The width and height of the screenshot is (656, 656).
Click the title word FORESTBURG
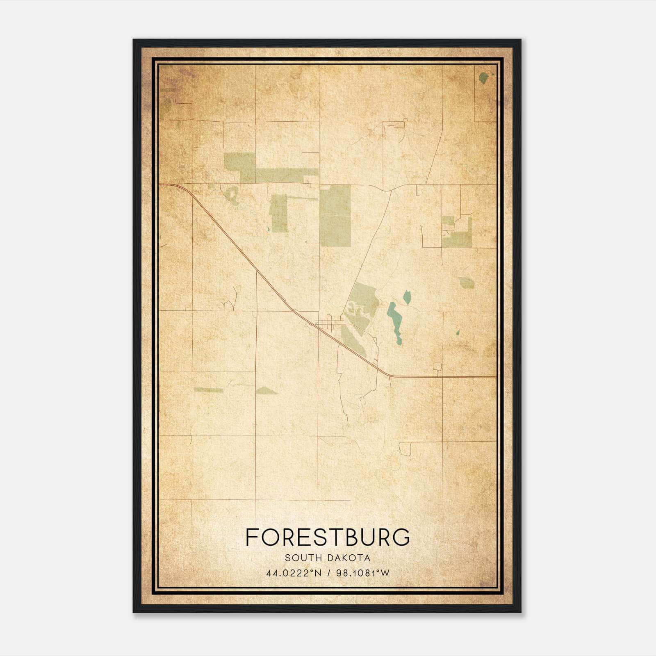tap(328, 537)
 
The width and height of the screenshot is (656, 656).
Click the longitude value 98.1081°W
tap(362, 573)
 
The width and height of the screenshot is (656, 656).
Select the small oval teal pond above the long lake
tap(407, 297)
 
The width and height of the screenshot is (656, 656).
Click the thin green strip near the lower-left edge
tap(208, 390)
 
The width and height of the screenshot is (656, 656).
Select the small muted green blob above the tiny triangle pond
tap(467, 282)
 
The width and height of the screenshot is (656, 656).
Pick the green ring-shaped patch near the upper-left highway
tap(232, 195)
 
